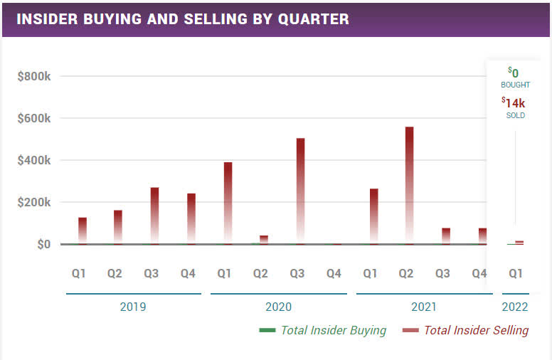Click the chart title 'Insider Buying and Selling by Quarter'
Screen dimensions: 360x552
(183, 18)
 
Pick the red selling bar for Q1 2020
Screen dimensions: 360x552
(228, 203)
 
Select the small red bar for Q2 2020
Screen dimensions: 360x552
(264, 239)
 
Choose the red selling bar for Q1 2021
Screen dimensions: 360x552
(373, 216)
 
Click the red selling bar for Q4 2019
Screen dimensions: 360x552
(191, 218)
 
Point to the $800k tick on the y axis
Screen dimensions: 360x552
(34, 76)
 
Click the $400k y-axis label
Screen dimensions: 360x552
(34, 160)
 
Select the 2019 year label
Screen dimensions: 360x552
(133, 307)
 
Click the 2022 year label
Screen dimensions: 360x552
(515, 307)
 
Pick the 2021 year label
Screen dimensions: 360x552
(424, 307)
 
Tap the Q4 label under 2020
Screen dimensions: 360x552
(333, 272)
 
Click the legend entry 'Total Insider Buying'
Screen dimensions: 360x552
(333, 330)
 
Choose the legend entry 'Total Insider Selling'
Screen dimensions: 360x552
(476, 330)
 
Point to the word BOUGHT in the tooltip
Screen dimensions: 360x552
(515, 85)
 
